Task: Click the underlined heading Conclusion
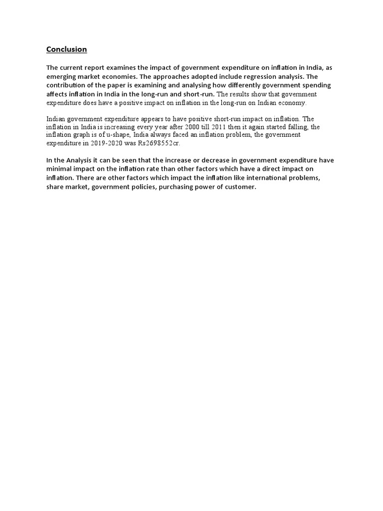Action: coord(66,49)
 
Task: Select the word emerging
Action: coord(61,76)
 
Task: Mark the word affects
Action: coord(57,93)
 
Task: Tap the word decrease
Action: coord(196,160)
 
